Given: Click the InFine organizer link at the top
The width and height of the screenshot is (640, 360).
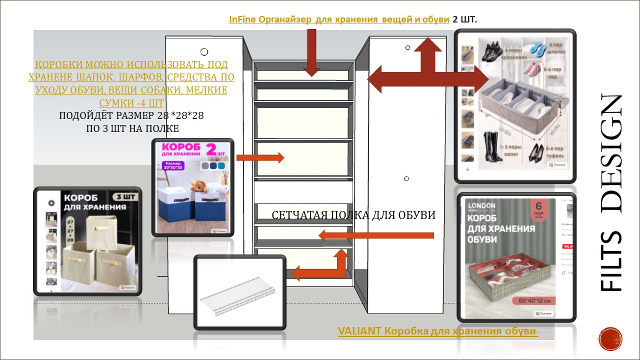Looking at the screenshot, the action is point(339,19).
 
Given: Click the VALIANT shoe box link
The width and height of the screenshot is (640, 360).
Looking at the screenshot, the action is point(437,331).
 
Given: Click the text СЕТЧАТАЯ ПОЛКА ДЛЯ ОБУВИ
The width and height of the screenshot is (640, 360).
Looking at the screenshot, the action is point(353,215).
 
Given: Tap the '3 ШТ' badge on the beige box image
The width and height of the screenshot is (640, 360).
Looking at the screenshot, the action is point(125,197).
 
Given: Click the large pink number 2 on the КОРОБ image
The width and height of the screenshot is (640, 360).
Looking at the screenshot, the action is point(211,149).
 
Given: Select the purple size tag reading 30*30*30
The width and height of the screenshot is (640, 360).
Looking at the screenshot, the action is point(173,165).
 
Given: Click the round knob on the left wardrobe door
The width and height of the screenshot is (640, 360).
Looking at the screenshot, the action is point(204,52).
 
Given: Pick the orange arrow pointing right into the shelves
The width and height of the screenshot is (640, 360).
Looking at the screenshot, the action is point(260,157).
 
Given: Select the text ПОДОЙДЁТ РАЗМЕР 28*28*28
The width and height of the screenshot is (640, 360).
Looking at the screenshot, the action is point(131,115).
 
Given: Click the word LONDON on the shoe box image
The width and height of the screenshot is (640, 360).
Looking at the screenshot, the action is point(482,206).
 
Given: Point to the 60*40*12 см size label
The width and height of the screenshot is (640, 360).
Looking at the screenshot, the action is point(534,301).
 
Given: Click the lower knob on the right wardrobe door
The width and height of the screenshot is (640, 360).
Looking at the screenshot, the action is point(406,178).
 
